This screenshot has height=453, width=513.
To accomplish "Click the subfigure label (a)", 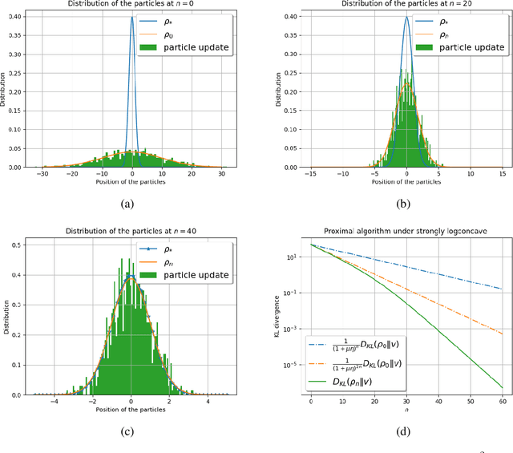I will (x=127, y=204).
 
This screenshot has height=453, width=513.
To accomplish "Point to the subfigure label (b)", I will (x=406, y=204).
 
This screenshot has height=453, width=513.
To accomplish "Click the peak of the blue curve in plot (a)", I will (x=132, y=17).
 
